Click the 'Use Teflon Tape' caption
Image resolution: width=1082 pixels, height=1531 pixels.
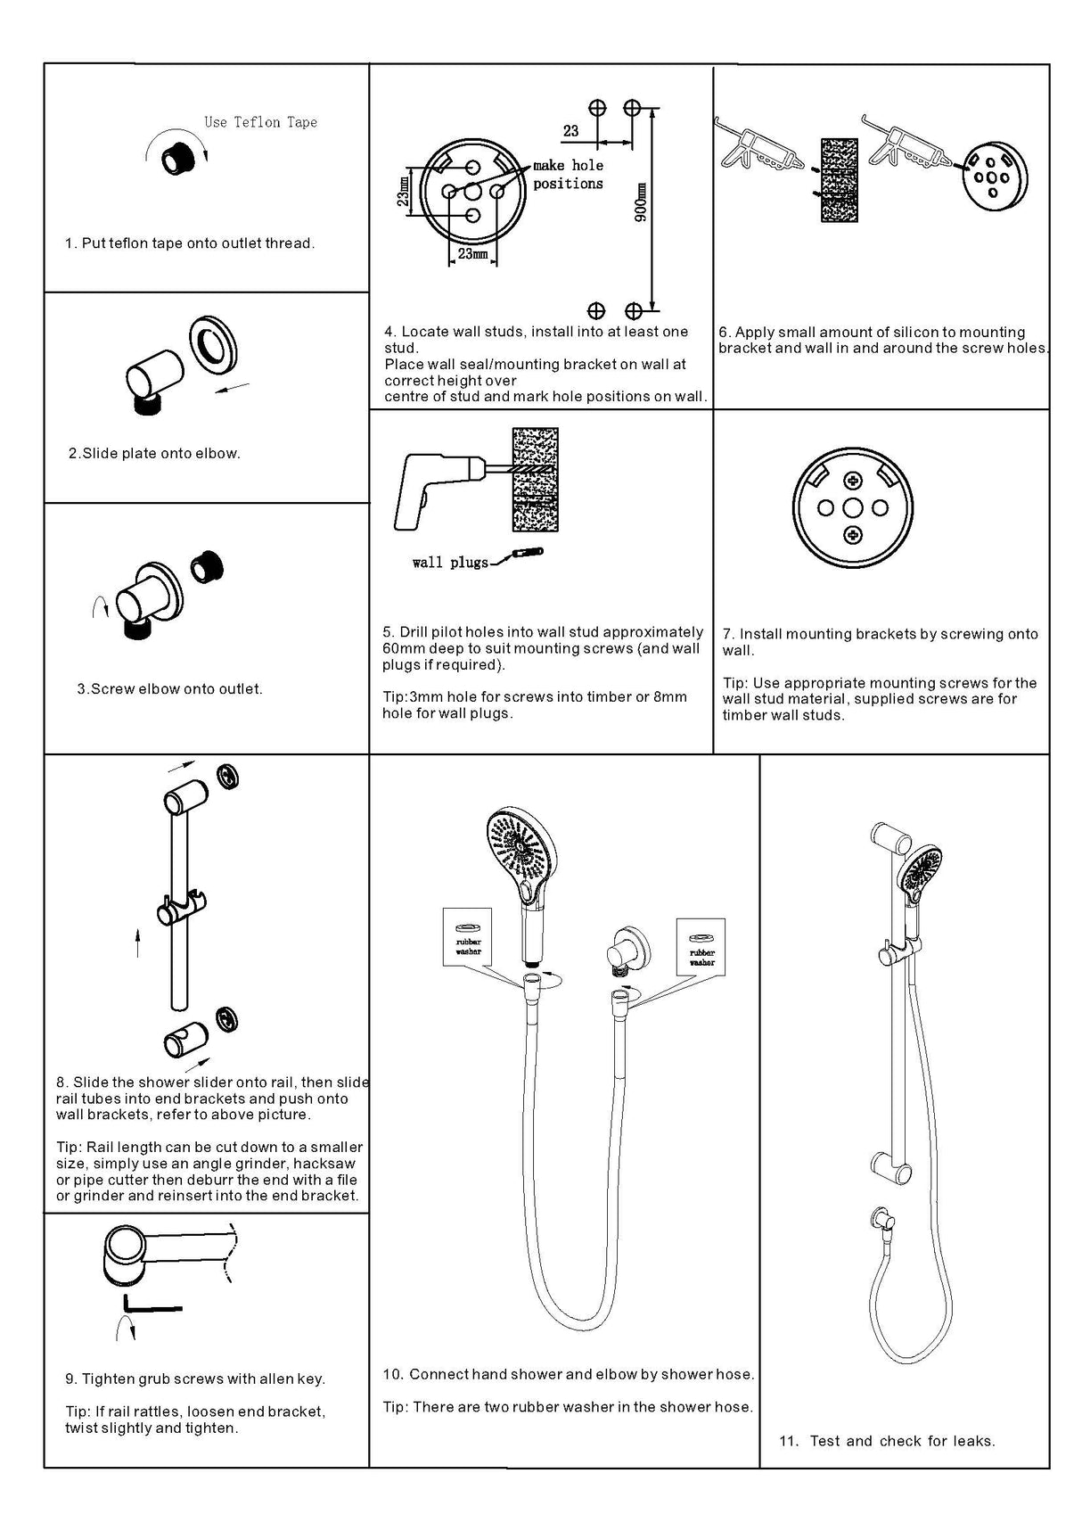260,122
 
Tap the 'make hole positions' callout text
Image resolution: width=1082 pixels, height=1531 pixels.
568,174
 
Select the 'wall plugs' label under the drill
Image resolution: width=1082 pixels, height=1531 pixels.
450,563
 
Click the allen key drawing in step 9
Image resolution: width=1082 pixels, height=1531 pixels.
152,1304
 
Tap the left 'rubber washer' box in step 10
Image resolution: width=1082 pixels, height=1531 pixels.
468,936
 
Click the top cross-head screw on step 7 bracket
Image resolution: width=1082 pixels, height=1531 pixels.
854,482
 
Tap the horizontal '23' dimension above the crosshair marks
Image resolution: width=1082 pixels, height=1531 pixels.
571,131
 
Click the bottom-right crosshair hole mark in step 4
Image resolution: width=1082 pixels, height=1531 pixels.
634,311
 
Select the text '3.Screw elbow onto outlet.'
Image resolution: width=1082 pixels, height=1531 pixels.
169,688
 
